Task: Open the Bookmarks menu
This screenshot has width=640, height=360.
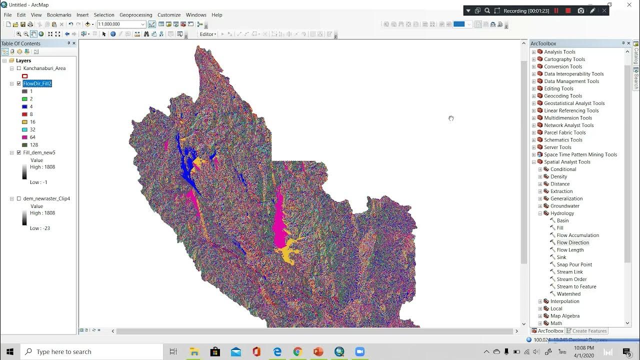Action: [x=59, y=15]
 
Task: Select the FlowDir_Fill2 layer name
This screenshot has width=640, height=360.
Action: [x=37, y=83]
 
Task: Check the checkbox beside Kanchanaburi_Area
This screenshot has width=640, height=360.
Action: [x=19, y=68]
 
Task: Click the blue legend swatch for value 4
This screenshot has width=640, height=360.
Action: [x=24, y=106]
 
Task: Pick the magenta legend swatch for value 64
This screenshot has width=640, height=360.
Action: [x=24, y=137]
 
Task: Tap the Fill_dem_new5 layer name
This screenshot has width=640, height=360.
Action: [x=39, y=152]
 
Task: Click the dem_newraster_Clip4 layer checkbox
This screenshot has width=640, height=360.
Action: [x=19, y=198]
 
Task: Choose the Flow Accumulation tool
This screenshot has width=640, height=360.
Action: [x=577, y=235]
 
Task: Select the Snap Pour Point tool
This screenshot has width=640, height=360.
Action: [x=574, y=264]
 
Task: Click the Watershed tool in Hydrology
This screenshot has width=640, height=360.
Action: [x=568, y=294]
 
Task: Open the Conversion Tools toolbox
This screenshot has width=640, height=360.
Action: [x=563, y=66]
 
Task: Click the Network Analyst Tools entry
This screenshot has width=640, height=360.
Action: [x=568, y=125]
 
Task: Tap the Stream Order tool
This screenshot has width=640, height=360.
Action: [x=571, y=279]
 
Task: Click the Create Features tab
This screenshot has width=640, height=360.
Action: [x=589, y=331]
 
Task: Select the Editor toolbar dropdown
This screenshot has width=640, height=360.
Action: [x=208, y=34]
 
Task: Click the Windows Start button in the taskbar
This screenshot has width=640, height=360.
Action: [x=10, y=351]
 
